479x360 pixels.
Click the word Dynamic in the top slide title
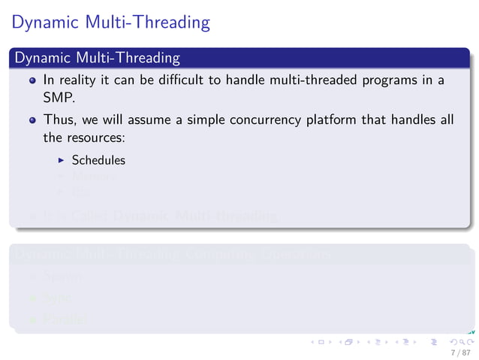coord(44,23)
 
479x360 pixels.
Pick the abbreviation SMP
coord(56,96)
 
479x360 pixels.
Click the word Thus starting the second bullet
coord(57,121)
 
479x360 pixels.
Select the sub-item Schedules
coord(98,160)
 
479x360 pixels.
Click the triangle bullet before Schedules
coord(62,160)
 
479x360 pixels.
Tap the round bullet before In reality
coord(32,80)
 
